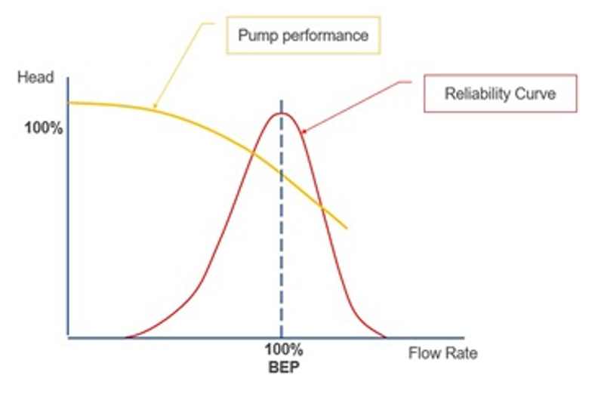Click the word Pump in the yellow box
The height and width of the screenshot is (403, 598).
coord(254,35)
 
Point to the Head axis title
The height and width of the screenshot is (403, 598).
coord(35,78)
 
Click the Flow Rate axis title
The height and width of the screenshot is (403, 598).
coord(444,352)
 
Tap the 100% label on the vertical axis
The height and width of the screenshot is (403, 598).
coord(44,128)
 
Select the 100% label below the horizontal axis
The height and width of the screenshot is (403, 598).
coord(284,351)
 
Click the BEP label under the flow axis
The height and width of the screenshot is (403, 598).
coord(284,368)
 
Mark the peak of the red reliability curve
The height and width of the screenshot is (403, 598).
coord(282,113)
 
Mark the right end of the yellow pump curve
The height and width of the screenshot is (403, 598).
coord(347,228)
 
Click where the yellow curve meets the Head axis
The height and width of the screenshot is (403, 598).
coord(69,102)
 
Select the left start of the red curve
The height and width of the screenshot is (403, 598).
coord(125,337)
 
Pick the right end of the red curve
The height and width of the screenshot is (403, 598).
coord(385,337)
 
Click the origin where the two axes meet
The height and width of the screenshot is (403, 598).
coord(69,337)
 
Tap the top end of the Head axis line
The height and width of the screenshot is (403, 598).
coord(69,77)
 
